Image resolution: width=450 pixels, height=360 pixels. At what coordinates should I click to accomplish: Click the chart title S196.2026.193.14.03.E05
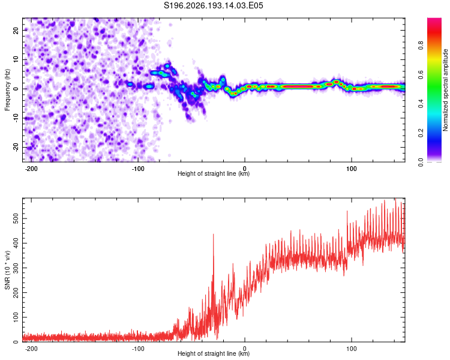(213, 5)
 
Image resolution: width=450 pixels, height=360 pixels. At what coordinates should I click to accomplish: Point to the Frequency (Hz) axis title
(7, 90)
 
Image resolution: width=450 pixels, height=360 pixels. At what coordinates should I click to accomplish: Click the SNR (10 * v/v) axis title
(7, 270)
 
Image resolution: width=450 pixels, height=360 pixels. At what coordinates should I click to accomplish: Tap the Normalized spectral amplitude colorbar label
(445, 90)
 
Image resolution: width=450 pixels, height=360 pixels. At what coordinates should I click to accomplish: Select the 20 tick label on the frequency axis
(16, 30)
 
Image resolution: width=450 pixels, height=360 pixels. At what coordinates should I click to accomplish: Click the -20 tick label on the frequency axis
(16, 147)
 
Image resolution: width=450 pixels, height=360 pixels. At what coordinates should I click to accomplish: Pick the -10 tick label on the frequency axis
(16, 118)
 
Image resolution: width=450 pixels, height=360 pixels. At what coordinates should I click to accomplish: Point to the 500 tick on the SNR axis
(16, 219)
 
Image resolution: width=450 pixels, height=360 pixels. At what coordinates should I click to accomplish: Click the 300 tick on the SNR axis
(16, 268)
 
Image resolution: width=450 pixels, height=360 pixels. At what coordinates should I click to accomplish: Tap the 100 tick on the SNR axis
(16, 317)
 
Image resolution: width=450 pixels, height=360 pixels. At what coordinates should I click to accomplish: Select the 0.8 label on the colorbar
(421, 46)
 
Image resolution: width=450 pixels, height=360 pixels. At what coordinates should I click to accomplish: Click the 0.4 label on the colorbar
(421, 104)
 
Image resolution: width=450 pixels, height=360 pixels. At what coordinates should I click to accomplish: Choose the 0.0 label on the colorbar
(421, 162)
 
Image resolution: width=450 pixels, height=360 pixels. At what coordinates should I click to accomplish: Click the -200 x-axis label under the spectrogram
(31, 169)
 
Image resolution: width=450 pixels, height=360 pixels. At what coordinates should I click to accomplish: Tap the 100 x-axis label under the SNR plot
(351, 349)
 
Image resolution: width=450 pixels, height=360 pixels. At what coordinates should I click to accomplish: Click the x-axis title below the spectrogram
(214, 173)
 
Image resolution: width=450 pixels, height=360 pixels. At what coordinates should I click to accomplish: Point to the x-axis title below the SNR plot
(214, 353)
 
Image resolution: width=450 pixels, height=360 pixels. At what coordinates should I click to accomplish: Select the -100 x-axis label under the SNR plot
(138, 349)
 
